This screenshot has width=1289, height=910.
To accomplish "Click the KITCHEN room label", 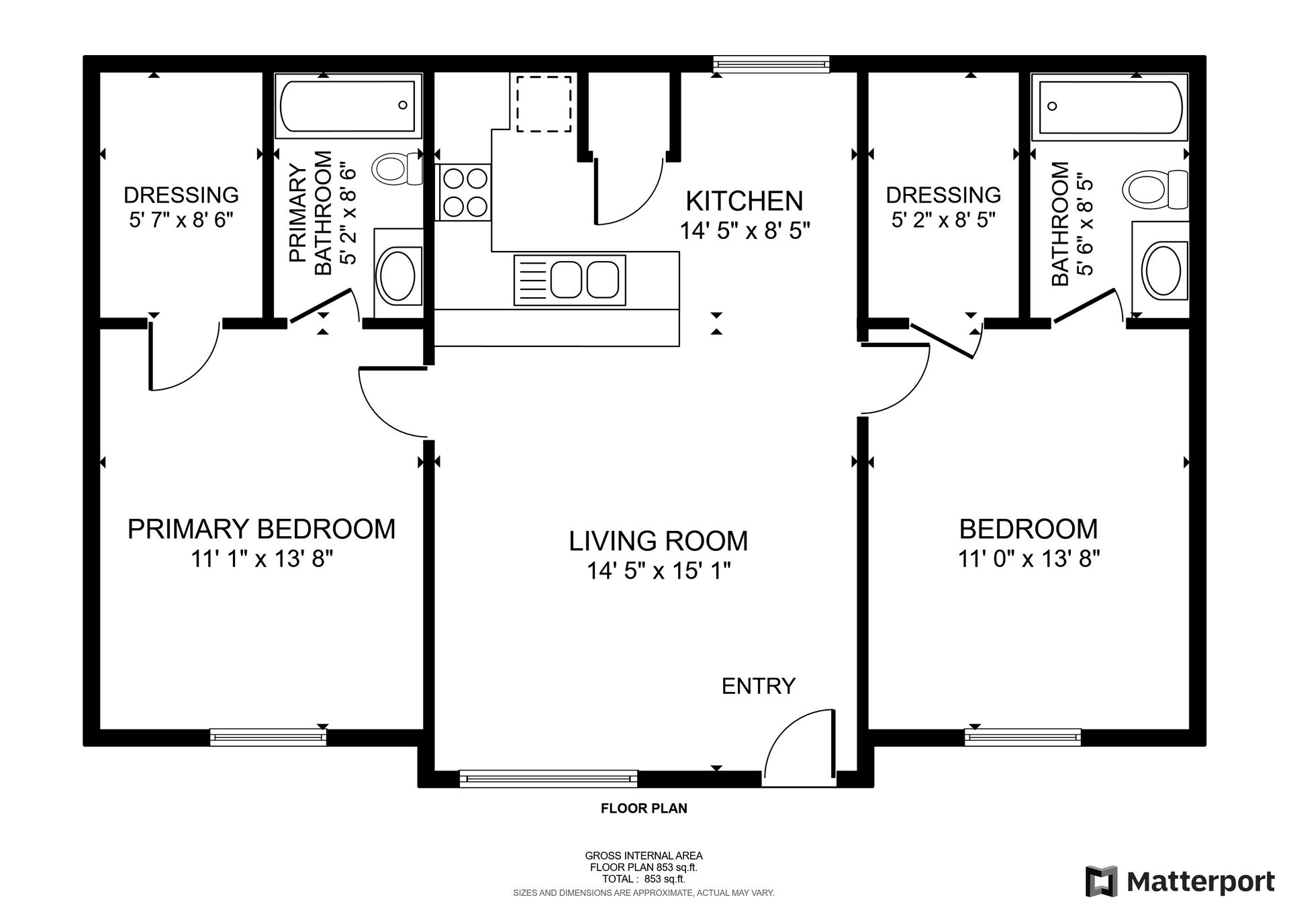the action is pos(744,201).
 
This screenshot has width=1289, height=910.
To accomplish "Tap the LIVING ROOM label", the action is pos(658,541).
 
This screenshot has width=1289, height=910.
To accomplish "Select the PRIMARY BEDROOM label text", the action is pos(261,529).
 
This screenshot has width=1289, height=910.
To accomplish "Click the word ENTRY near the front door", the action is pos(759,686).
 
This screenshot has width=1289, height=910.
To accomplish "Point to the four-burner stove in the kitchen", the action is pos(465,192).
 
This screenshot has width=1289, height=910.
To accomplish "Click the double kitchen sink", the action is pos(570,280).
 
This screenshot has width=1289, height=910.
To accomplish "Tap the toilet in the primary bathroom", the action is pos(397,168).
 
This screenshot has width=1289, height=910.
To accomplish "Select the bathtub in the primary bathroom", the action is pos(348,106).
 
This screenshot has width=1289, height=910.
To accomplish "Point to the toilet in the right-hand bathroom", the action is pos(1155,189).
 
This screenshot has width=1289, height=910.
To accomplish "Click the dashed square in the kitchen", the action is pos(543,103).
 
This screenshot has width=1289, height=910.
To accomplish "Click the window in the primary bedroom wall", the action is pos(268,737).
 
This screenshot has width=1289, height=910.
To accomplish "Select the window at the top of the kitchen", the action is pos(771,64).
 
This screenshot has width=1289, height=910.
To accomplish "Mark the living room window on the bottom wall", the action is pos(548,778).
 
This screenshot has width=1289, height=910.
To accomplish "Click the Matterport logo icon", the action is pos(1102,880).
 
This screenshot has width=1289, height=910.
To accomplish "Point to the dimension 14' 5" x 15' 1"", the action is pos(659,571).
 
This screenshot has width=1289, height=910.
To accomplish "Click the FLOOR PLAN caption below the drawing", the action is pos(644,809).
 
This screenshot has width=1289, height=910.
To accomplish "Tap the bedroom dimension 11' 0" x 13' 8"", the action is pos(1029,558).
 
